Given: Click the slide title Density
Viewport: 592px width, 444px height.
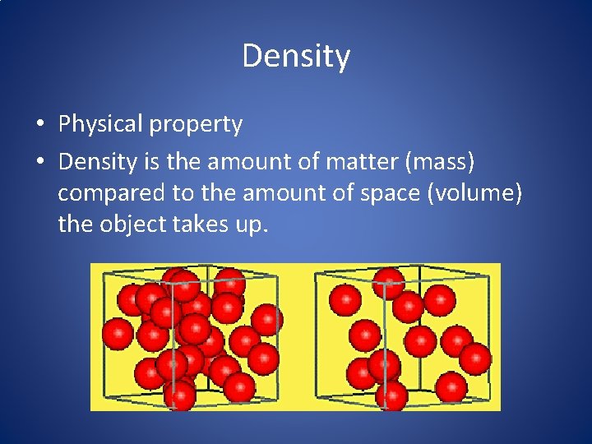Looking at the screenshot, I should pyautogui.click(x=296, y=57).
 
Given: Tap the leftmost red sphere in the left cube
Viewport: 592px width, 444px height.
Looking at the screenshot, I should pyautogui.click(x=117, y=334).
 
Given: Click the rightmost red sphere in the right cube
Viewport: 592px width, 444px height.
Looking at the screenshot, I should pyautogui.click(x=475, y=358).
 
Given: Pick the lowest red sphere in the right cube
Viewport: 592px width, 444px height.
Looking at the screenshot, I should pyautogui.click(x=391, y=395).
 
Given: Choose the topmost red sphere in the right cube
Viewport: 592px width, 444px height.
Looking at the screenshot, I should pyautogui.click(x=389, y=282).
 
